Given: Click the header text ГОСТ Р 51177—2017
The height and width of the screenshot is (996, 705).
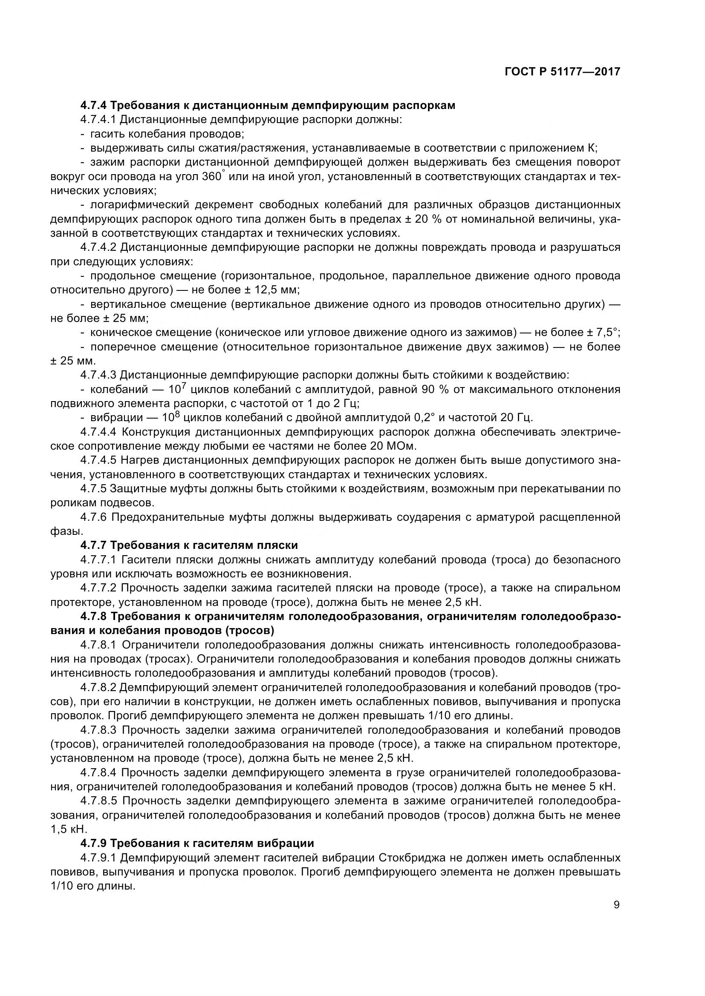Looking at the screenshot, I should pyautogui.click(x=562, y=72).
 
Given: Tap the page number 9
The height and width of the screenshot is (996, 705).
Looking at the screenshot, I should pyautogui.click(x=616, y=905).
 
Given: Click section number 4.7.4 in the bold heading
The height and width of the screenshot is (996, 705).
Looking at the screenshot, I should pyautogui.click(x=93, y=106).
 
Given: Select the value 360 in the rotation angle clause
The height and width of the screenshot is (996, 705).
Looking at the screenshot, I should pyautogui.click(x=212, y=177).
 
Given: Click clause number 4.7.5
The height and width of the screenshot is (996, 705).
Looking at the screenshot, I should pyautogui.click(x=93, y=488).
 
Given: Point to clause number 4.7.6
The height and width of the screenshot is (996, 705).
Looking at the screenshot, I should pyautogui.click(x=93, y=517).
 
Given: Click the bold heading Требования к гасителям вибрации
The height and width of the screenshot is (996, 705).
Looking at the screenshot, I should pyautogui.click(x=212, y=843).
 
